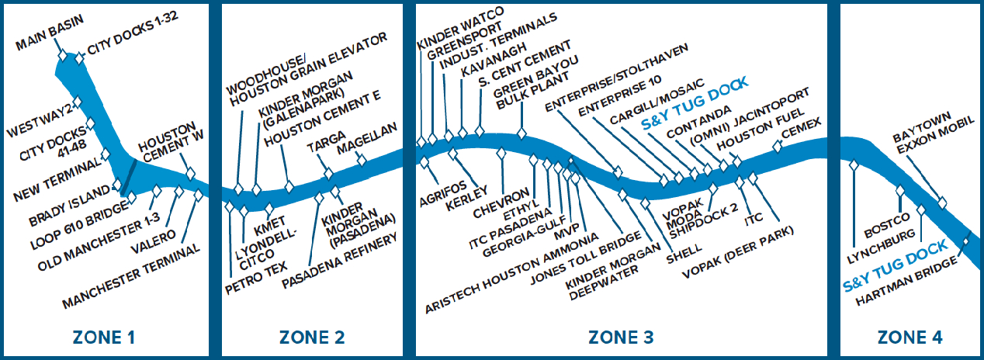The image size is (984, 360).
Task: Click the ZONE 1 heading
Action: click(x=103, y=337)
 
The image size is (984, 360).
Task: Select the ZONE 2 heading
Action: click(x=311, y=337)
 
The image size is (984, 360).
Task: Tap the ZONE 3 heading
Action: click(x=621, y=337)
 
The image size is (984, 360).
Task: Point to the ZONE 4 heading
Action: click(x=910, y=337)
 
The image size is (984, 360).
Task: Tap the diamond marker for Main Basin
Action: click(x=61, y=55)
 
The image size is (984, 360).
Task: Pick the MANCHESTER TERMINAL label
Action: click(x=132, y=276)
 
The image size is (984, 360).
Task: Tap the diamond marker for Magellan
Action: click(x=360, y=160)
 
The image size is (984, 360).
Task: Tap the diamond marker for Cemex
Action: click(x=777, y=147)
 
